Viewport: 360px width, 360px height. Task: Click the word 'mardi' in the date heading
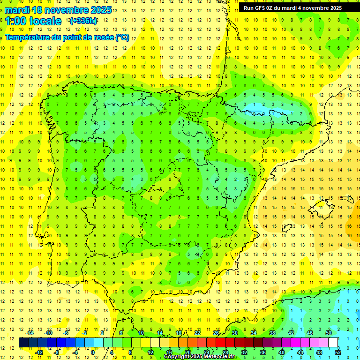tap(17, 10)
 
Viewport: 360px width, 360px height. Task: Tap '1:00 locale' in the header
tap(33, 21)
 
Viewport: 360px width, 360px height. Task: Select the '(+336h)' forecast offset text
tap(83, 21)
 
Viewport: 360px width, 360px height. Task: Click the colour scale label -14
tap(30, 333)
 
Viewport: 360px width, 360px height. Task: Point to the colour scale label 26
tap(216, 333)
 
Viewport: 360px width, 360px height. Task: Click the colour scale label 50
tap(329, 333)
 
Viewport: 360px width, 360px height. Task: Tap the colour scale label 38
tap(272, 333)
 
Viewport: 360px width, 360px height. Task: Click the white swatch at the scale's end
tap(333, 342)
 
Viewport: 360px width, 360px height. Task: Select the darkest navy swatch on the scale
tap(23, 342)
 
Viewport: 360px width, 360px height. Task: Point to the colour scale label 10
tap(141, 333)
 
